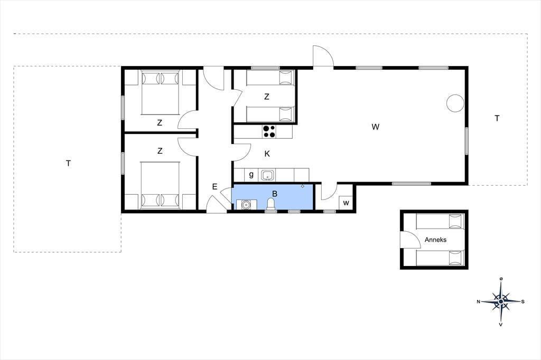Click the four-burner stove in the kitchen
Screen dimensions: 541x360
(x=269, y=131)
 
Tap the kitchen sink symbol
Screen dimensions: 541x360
(x=267, y=175)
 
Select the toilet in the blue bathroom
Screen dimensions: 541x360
(x=272, y=204)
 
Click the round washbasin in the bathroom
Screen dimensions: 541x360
(x=246, y=205)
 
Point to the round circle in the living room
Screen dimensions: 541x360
(x=455, y=103)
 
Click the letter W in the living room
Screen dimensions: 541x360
(x=376, y=127)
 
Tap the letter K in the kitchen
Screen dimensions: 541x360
(x=267, y=154)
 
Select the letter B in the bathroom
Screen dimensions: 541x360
(x=275, y=194)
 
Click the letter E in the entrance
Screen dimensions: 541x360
(x=214, y=187)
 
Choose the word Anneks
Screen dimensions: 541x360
(x=435, y=240)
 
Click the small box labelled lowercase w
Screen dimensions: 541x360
(x=346, y=203)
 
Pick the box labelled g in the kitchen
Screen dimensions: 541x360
(x=251, y=175)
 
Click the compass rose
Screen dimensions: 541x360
(x=501, y=302)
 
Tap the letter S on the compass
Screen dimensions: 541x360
(x=523, y=302)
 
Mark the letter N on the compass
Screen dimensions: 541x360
(x=479, y=302)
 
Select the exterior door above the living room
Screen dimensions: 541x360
(x=323, y=56)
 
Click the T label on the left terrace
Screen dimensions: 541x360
(x=68, y=163)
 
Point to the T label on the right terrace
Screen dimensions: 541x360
(x=497, y=118)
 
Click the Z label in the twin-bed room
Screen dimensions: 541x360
(x=266, y=97)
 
